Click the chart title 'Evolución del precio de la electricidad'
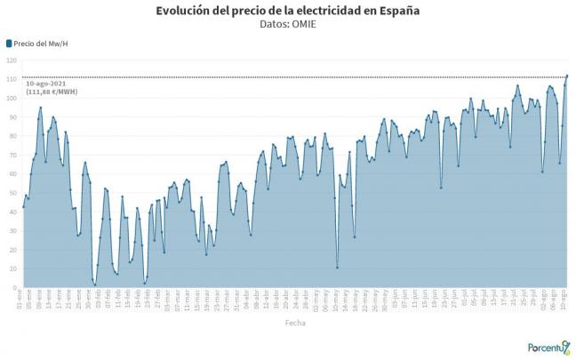[x=288, y=11]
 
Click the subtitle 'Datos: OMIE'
[x=288, y=24]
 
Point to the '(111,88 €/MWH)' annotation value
[x=52, y=92]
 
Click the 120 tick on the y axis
[x=12, y=60]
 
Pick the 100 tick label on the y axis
[x=12, y=98]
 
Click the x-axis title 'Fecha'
[x=295, y=324]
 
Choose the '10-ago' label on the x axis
[x=566, y=300]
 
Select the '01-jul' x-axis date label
[x=465, y=300]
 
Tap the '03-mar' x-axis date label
[x=166, y=300]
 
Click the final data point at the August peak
[x=567, y=76]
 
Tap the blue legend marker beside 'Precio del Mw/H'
[x=9, y=43]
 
